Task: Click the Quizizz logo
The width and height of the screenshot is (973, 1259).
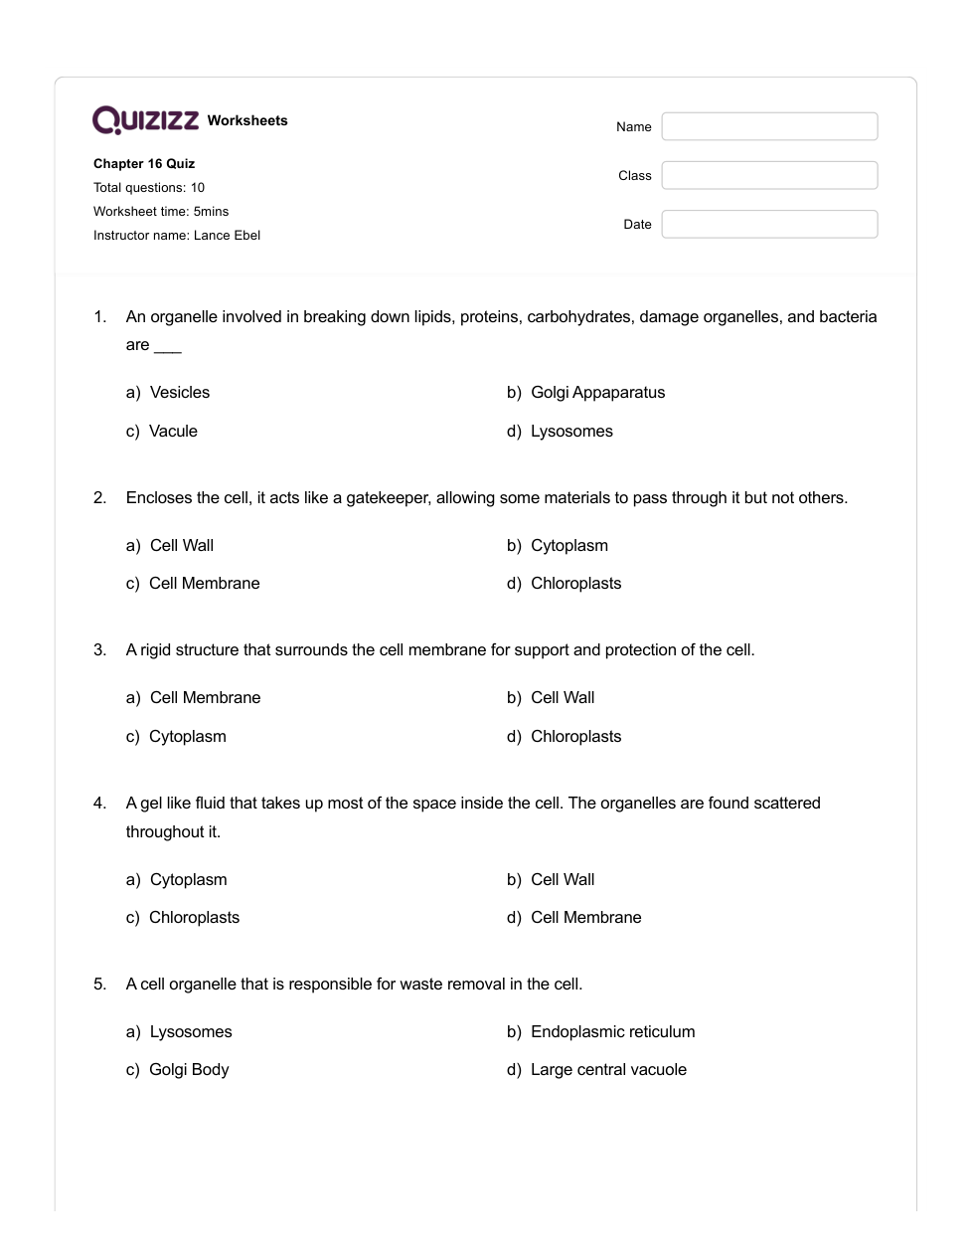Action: tap(145, 120)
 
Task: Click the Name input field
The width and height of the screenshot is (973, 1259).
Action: tap(769, 126)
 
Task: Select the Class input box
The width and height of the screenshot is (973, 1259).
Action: tap(769, 175)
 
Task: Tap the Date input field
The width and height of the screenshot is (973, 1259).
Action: tap(769, 224)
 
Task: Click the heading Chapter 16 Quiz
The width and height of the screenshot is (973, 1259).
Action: tap(144, 163)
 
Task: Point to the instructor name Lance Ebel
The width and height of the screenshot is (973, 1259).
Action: tap(227, 236)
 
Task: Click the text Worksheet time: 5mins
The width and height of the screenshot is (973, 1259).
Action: tap(161, 212)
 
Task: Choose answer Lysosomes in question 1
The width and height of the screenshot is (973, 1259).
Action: tap(570, 431)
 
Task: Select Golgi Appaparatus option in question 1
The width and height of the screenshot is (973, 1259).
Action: tap(597, 392)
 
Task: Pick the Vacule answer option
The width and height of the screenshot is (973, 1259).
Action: tap(173, 431)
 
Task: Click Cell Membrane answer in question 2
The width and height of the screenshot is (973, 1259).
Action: tap(204, 583)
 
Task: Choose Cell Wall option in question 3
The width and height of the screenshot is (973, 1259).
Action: tap(563, 697)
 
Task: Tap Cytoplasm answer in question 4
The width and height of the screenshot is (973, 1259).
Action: tap(188, 879)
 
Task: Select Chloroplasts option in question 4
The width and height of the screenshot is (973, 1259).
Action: tap(194, 917)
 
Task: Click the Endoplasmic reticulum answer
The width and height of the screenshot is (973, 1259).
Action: tap(612, 1031)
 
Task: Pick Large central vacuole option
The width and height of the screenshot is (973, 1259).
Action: tap(608, 1069)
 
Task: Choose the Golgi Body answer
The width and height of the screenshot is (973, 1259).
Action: tap(189, 1069)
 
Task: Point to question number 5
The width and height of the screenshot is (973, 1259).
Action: tap(99, 984)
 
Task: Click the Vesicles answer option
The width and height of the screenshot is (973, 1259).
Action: tap(179, 392)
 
